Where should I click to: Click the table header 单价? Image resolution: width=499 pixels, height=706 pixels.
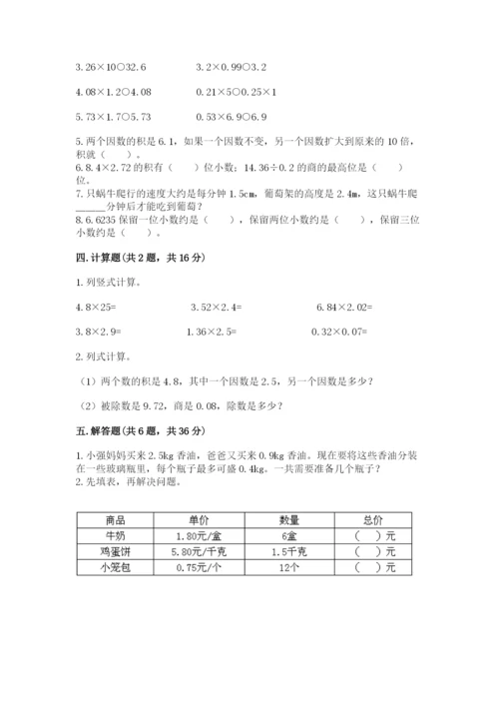coord(195,520)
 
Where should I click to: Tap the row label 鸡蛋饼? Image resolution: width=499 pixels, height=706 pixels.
coord(114,551)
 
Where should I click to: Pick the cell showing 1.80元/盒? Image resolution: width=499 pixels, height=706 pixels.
coord(195,536)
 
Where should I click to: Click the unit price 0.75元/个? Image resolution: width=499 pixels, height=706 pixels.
coord(195,567)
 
